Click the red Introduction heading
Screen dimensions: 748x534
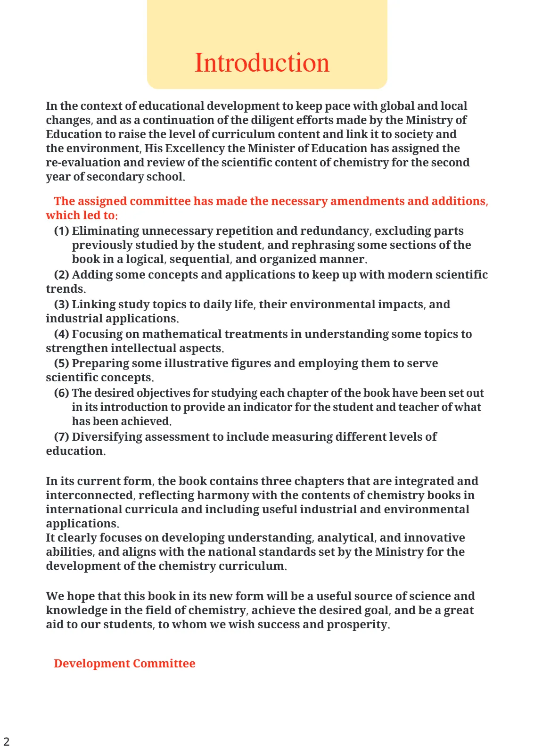click(x=262, y=63)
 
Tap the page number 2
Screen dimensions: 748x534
click(x=6, y=741)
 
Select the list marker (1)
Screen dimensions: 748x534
click(x=61, y=231)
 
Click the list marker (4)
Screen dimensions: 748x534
click(x=61, y=334)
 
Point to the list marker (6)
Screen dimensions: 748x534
click(x=61, y=393)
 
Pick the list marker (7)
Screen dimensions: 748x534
click(x=61, y=437)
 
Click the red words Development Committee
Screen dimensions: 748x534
click(x=124, y=664)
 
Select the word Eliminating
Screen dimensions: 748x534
click(x=106, y=231)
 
